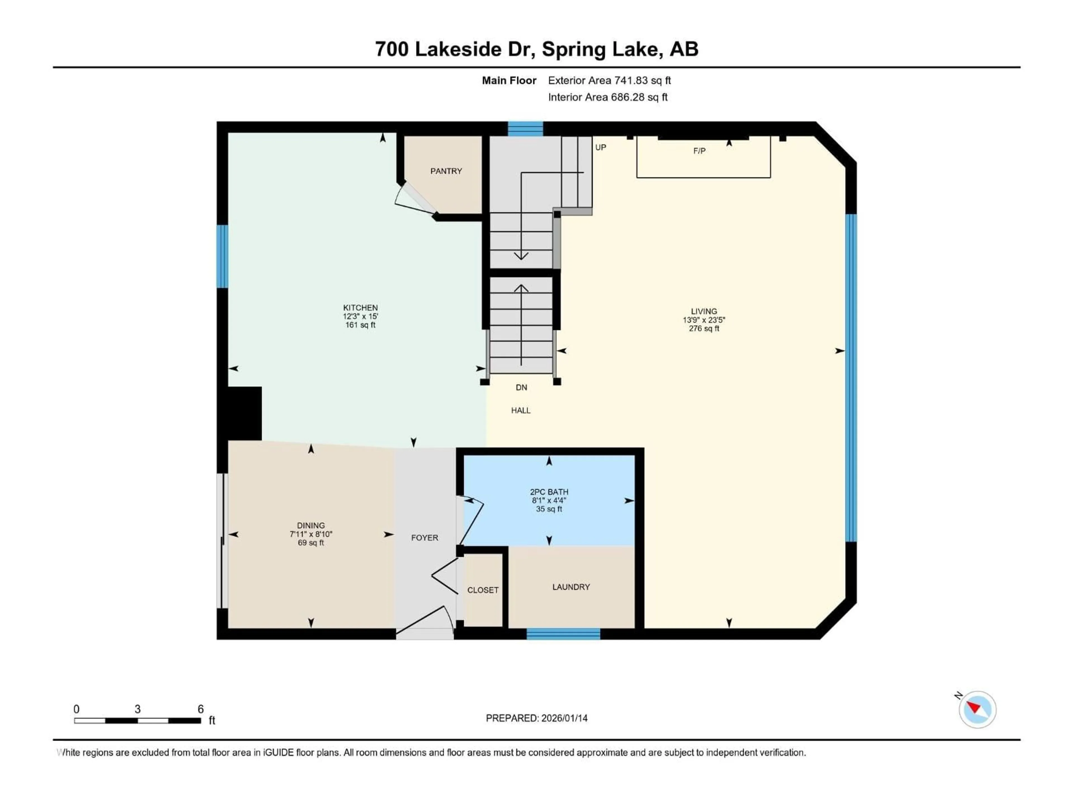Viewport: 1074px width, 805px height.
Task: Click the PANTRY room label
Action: (446, 171)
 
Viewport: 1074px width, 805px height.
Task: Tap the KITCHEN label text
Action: (360, 308)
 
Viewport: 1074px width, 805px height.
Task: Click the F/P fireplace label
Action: (699, 151)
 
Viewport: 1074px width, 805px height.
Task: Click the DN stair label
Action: (521, 387)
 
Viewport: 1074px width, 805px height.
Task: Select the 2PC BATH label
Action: (549, 492)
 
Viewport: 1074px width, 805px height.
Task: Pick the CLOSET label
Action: (483, 590)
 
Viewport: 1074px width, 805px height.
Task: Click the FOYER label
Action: (424, 538)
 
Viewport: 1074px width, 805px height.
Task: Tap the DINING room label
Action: (311, 525)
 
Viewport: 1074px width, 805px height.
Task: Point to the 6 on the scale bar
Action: (201, 709)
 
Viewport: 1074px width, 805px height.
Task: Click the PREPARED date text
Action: (536, 718)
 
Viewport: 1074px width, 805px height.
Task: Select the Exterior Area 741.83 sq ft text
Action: (609, 80)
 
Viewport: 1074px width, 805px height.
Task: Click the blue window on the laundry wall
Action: (563, 634)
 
